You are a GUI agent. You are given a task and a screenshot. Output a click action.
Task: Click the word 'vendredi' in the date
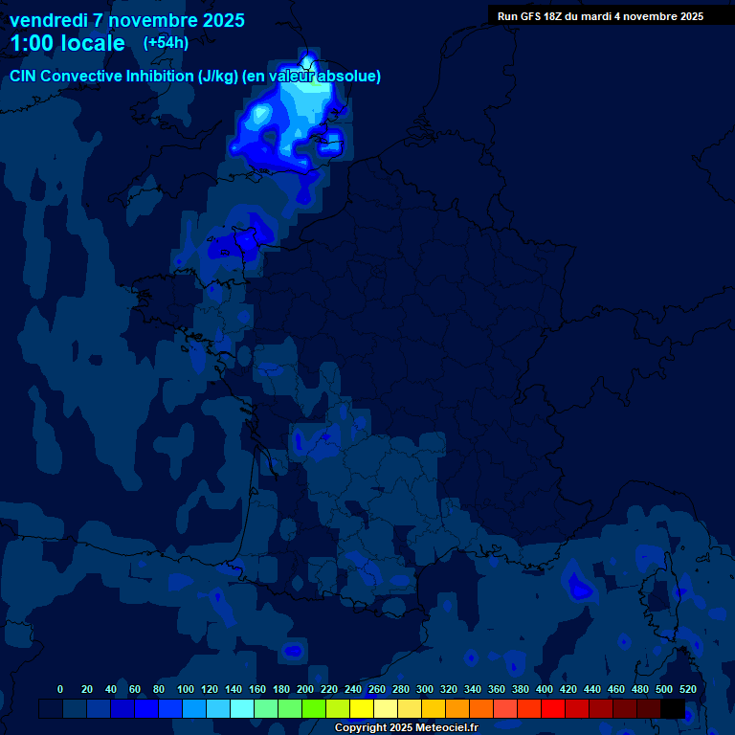pos(48,20)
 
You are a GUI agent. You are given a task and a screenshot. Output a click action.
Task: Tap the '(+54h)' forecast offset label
pos(166,42)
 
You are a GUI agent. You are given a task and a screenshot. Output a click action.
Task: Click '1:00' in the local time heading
pos(31,43)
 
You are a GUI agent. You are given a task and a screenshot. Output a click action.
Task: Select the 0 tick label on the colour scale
pos(60,689)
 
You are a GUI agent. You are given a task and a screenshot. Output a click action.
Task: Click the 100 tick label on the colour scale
pos(186,689)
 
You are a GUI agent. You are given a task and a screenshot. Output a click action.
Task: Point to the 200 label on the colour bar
pos(305,689)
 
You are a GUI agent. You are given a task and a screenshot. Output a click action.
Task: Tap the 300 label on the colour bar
pos(425,689)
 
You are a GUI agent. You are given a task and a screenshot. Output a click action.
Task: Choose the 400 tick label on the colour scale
pos(545,689)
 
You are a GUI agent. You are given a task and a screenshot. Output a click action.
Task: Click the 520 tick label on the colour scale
pos(687,689)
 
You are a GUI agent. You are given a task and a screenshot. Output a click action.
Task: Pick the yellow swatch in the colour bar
pos(362,708)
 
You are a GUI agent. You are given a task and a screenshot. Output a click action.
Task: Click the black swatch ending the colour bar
pos(673,708)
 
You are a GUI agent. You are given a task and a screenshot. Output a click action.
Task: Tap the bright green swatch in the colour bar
pos(314,708)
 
